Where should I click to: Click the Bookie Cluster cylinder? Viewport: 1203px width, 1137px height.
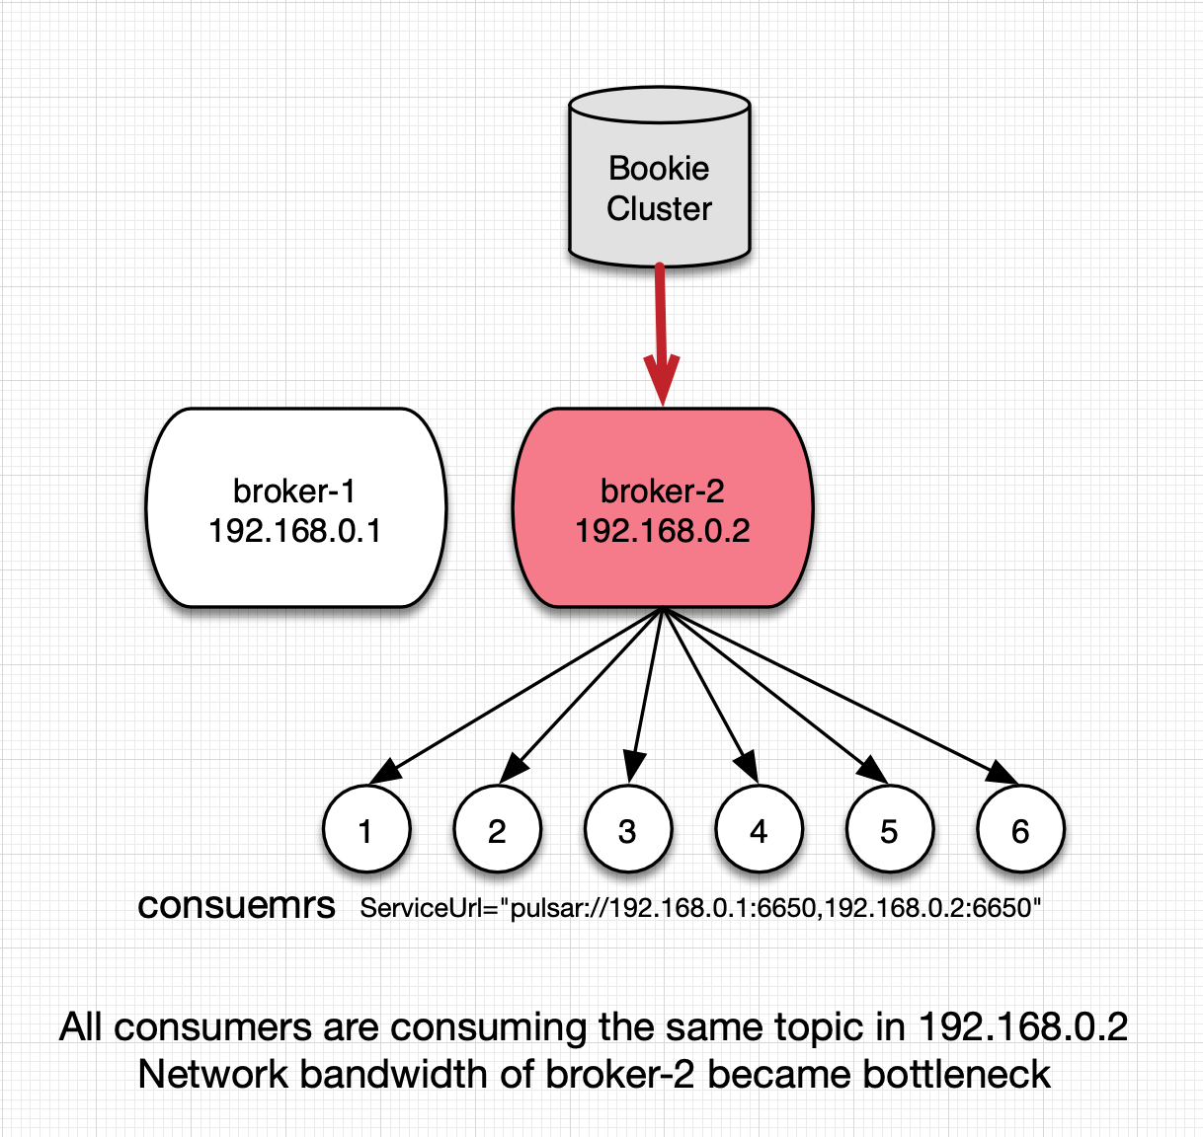click(x=660, y=177)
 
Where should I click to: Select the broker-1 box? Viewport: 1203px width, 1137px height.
click(x=296, y=507)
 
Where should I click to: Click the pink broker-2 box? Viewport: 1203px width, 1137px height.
click(x=663, y=507)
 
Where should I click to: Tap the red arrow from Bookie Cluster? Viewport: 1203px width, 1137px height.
click(x=661, y=335)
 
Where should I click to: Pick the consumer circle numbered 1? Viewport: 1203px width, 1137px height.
click(x=366, y=829)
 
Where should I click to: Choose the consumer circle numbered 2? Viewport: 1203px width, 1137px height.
click(x=498, y=829)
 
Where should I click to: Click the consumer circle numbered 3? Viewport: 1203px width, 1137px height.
click(x=628, y=829)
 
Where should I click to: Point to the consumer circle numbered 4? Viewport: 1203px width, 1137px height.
click(x=760, y=829)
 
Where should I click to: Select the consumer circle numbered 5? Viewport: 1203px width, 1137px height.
click(x=890, y=829)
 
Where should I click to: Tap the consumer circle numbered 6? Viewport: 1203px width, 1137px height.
click(x=1021, y=829)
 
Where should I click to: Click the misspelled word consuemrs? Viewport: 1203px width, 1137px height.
click(x=236, y=906)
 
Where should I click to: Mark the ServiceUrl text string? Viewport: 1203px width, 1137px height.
click(x=700, y=908)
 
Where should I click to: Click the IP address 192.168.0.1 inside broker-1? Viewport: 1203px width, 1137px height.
click(x=295, y=530)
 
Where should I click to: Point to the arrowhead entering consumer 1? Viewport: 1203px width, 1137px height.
click(x=384, y=772)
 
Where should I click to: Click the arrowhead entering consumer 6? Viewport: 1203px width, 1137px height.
click(x=1002, y=773)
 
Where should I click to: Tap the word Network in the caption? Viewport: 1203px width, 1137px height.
click(x=213, y=1075)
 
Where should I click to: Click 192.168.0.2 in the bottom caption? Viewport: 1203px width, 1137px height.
click(x=1023, y=1026)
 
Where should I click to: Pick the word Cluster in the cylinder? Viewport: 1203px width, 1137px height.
click(x=659, y=208)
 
